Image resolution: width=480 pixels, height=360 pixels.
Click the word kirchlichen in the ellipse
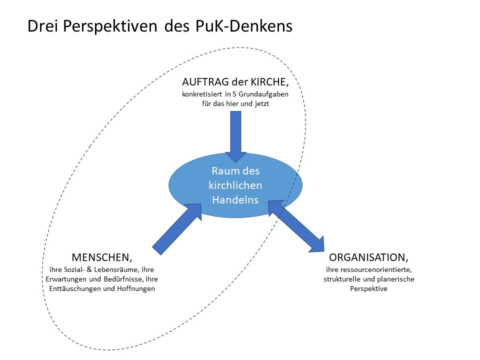pyautogui.click(x=235, y=185)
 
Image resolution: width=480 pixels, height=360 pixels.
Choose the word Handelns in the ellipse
pyautogui.click(x=235, y=199)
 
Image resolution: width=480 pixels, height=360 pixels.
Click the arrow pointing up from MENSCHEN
pyautogui.click(x=177, y=227)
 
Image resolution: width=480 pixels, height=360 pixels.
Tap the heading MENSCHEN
pyautogui.click(x=102, y=258)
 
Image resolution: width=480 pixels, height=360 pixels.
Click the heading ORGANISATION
pyautogui.click(x=368, y=258)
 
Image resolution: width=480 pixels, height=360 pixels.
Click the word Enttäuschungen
pyautogui.click(x=69, y=289)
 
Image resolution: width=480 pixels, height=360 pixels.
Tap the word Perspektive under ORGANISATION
pyautogui.click(x=368, y=289)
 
